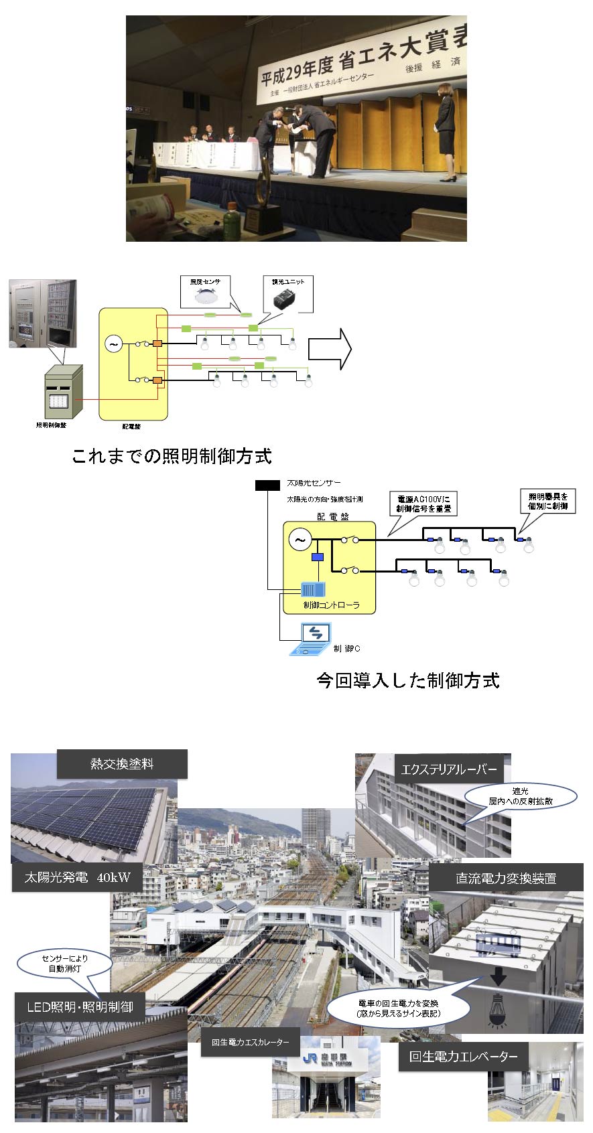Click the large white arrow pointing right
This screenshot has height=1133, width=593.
(x=330, y=349)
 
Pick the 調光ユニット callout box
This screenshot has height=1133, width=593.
(x=287, y=295)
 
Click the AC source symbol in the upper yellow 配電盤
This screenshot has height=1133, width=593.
(x=113, y=345)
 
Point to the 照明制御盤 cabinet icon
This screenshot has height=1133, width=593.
(x=62, y=392)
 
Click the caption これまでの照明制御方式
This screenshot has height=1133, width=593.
(x=172, y=457)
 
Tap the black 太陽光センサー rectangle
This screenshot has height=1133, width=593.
(x=267, y=485)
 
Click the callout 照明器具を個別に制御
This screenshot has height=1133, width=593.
(x=547, y=501)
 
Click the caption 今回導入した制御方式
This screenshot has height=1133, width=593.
(x=408, y=680)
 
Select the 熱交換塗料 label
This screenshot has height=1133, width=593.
(x=122, y=764)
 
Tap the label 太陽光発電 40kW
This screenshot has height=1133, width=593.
(x=78, y=877)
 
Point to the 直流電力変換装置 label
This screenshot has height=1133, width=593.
(x=506, y=878)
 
